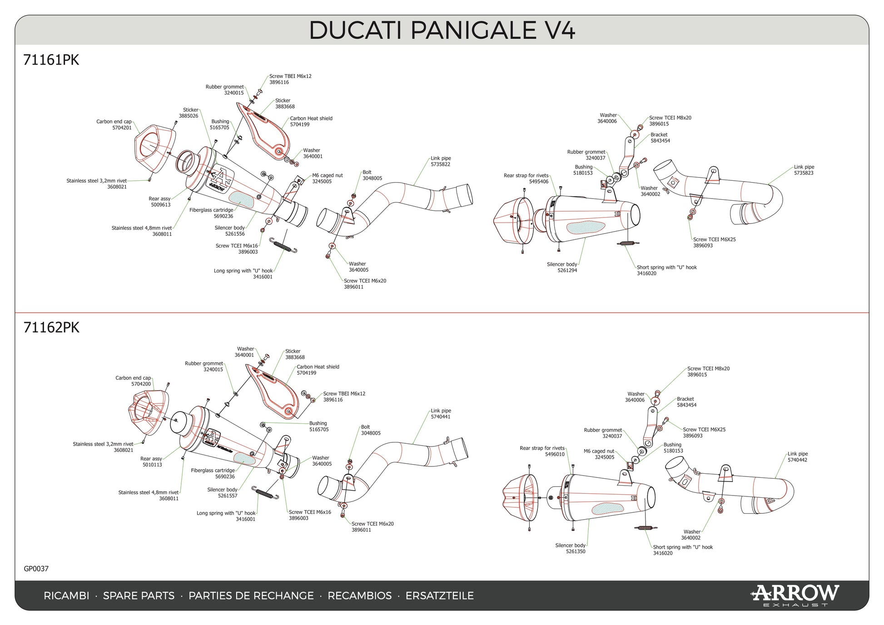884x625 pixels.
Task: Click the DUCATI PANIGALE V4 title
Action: click(x=442, y=30)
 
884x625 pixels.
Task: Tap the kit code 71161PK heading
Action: click(x=51, y=60)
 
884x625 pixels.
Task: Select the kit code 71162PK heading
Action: click(x=51, y=327)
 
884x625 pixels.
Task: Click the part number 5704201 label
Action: click(x=122, y=128)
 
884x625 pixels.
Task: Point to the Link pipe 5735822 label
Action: click(x=440, y=161)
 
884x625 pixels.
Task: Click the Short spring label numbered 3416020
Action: click(x=666, y=270)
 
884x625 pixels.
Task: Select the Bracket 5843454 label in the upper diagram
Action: click(x=660, y=138)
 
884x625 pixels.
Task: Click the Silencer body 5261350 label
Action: click(x=571, y=548)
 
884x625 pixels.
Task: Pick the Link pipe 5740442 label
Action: click(x=797, y=457)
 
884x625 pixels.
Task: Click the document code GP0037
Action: click(x=36, y=569)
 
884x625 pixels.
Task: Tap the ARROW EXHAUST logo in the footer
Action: click(x=795, y=595)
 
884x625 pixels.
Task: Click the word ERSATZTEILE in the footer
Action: click(x=439, y=596)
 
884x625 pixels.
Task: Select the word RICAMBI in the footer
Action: click(x=66, y=596)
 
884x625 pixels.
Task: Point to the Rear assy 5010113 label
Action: click(x=151, y=462)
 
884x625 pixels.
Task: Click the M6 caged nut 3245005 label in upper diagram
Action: click(x=327, y=179)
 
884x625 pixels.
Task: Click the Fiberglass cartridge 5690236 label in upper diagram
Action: click(x=212, y=213)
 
